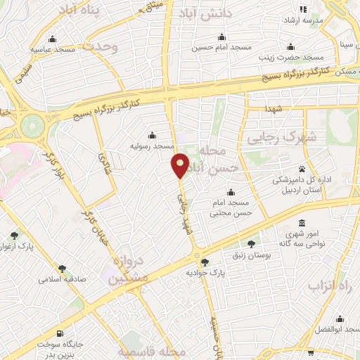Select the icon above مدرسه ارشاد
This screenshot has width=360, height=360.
click(x=303, y=10)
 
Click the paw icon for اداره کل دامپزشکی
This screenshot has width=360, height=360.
click(x=302, y=169)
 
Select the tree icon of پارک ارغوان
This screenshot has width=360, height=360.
click(x=15, y=235)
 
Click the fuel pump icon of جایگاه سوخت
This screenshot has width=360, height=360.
click(x=59, y=333)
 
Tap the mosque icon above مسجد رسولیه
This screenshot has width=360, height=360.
click(x=153, y=136)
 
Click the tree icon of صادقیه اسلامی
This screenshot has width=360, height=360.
click(x=62, y=268)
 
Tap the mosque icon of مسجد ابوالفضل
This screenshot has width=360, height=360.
click(x=340, y=318)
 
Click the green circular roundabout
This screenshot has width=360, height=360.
click(x=32, y=127)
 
